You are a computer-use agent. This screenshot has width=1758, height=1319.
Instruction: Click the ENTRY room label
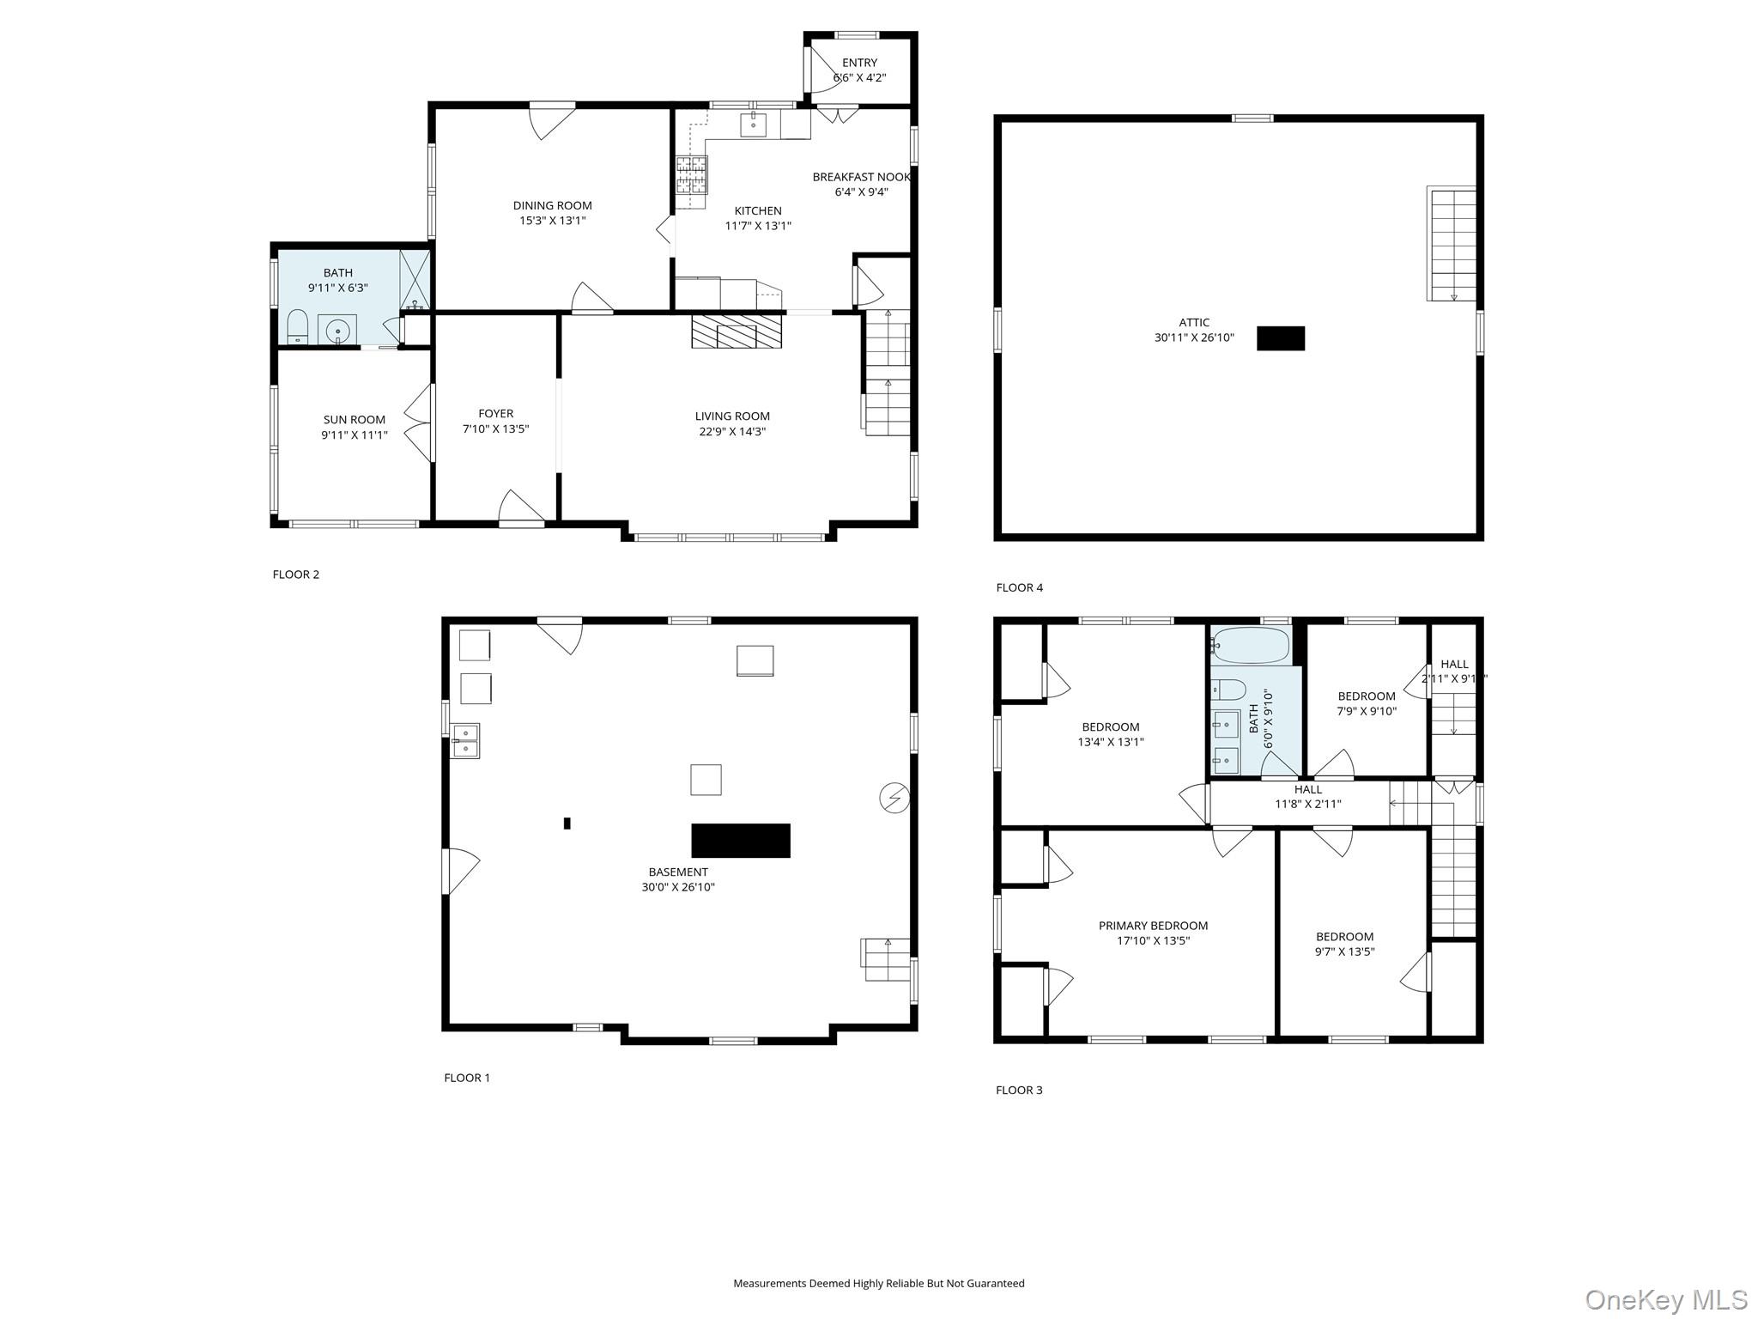859,63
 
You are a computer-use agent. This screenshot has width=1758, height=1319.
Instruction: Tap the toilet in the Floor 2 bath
297,327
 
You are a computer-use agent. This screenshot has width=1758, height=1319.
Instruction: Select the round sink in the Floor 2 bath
337,330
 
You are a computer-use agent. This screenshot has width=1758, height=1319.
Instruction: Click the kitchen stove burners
691,176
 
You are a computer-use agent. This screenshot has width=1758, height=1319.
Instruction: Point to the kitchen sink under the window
754,125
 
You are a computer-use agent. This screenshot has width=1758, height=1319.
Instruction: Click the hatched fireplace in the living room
737,331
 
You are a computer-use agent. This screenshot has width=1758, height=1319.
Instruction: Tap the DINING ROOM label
553,205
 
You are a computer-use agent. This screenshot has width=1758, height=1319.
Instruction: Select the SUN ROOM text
355,420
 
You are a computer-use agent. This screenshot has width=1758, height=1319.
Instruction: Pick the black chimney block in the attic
1281,338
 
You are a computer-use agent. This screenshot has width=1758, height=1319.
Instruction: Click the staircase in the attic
1452,244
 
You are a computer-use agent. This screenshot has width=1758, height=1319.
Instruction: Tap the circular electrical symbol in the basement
894,799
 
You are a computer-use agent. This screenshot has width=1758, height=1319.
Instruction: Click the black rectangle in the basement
741,841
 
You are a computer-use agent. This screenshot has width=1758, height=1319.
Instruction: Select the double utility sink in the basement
466,741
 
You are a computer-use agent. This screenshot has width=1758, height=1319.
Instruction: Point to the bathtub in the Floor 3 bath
1250,645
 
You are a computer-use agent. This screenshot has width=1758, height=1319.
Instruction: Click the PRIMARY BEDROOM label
1153,926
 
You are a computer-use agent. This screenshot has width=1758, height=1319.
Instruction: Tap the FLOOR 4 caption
1020,587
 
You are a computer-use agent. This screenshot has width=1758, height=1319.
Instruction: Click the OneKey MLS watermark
1666,1299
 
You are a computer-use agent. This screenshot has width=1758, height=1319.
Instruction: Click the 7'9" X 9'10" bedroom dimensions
1367,711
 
